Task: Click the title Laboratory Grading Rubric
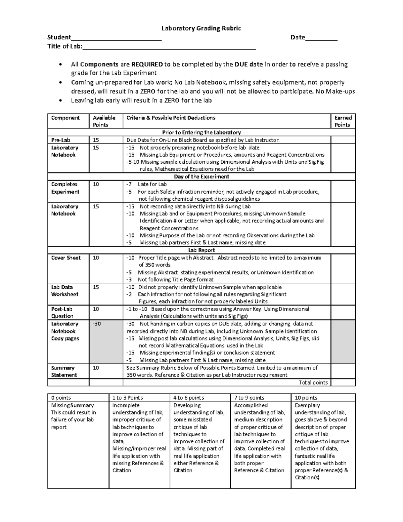[x=201, y=28]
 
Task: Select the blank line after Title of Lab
[x=169, y=47]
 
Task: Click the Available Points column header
[x=104, y=121]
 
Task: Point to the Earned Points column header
[x=343, y=121]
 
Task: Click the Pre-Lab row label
[x=60, y=140]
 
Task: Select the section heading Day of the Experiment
[x=201, y=177]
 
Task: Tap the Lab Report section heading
[x=201, y=250]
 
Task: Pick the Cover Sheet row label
[x=66, y=258]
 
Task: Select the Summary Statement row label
[x=64, y=371]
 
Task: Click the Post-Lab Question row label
[x=62, y=313]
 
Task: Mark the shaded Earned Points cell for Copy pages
[x=343, y=342]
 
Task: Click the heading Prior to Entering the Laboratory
[x=201, y=132]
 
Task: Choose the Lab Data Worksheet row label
[x=64, y=291]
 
